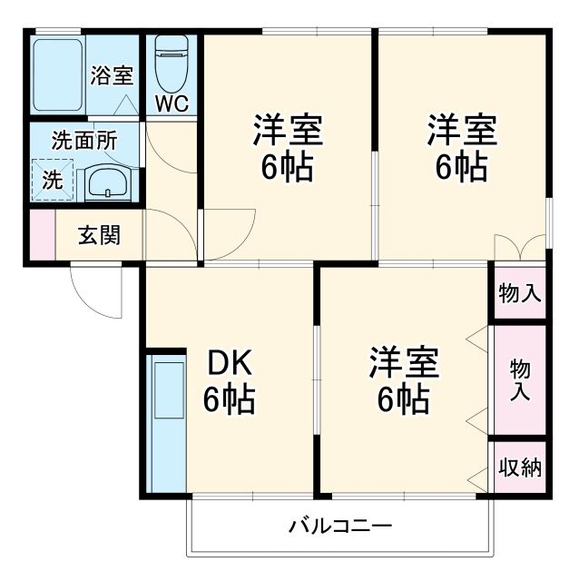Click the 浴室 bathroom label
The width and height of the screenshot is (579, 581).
coord(113,74)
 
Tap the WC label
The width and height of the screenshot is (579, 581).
coord(171,103)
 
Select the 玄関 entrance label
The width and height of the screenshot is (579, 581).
coord(99,235)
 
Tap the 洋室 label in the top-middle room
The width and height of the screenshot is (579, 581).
coord(287,148)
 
